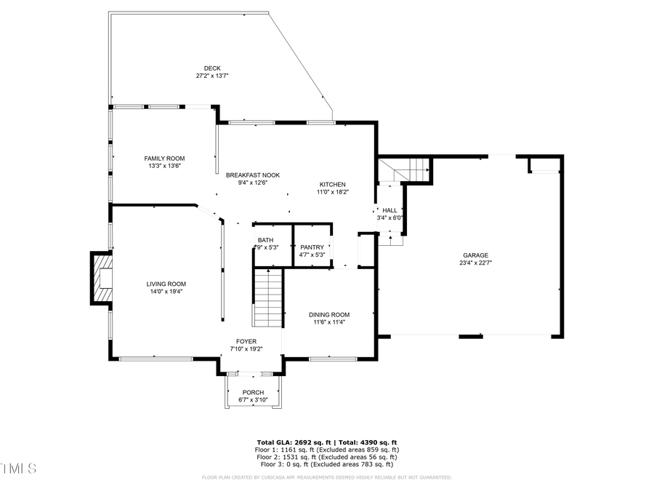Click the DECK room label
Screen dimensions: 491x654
tap(212, 68)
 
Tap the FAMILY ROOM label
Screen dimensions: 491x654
tap(164, 158)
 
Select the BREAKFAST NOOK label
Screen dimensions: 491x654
tap(253, 175)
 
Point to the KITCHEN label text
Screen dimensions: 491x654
tap(332, 184)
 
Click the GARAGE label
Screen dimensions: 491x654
tap(476, 255)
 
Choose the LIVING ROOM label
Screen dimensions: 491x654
tap(166, 284)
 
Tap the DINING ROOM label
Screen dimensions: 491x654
tap(329, 314)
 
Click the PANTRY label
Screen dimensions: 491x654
tap(312, 247)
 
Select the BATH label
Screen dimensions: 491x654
tap(265, 240)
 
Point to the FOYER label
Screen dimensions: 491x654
tap(247, 341)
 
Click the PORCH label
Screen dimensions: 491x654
tap(253, 392)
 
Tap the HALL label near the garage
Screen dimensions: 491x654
tap(389, 209)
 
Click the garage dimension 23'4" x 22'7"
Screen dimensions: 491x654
tap(476, 263)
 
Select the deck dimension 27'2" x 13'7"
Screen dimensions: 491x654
tap(212, 76)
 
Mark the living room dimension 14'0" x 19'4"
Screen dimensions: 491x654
tap(166, 292)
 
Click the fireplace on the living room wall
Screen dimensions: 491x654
tap(101, 278)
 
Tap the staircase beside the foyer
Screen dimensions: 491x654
tap(268, 298)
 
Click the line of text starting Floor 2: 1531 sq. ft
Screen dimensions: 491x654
tap(326, 457)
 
